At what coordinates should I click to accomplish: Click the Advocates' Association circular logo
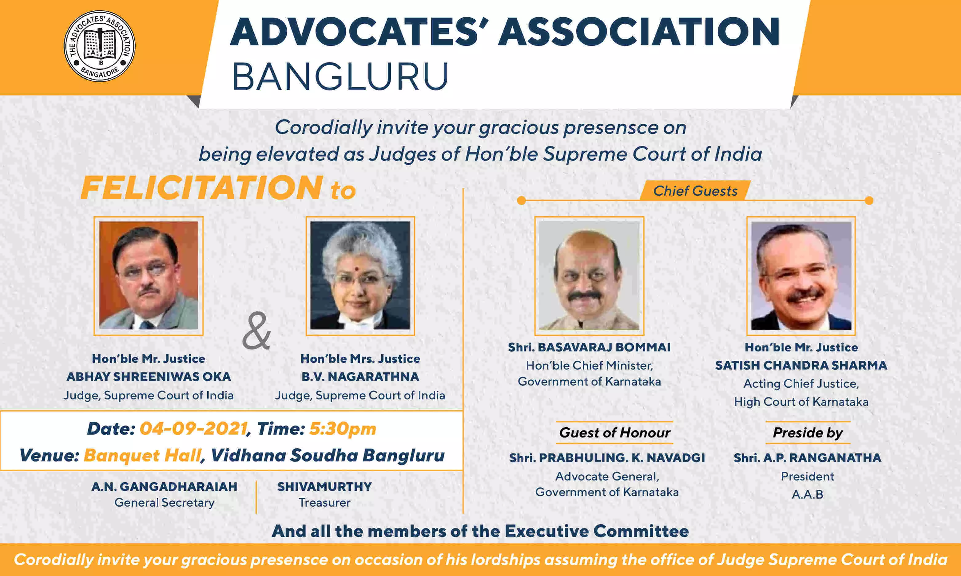[x=99, y=46]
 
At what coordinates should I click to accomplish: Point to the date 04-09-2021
[x=193, y=429]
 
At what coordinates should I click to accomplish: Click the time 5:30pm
[x=343, y=429]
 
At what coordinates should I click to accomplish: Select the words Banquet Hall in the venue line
[x=142, y=455]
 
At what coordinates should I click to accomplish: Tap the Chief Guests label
[x=695, y=191]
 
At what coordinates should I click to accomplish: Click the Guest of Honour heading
[x=614, y=433]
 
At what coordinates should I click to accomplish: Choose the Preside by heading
[x=808, y=433]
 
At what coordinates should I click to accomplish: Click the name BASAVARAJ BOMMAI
[x=604, y=347]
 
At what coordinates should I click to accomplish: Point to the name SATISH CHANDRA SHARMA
[x=801, y=365]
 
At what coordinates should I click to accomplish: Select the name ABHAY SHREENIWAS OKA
[x=149, y=377]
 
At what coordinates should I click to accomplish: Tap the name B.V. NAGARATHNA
[x=360, y=377]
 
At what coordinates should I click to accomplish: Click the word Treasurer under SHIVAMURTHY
[x=324, y=503]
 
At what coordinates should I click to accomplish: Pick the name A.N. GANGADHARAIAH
[x=164, y=487]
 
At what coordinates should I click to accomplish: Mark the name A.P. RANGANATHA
[x=822, y=458]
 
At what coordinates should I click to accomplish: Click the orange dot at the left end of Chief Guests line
[x=521, y=200]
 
